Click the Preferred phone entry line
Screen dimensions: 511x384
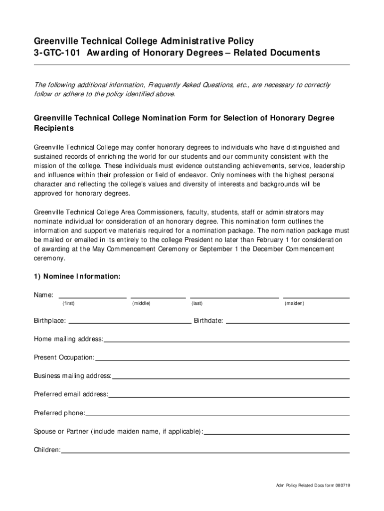[217, 414]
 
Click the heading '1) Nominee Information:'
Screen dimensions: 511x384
[77, 276]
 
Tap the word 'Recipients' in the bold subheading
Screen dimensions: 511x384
[54, 129]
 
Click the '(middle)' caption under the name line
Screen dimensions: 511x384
[141, 303]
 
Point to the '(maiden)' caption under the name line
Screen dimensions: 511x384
[294, 303]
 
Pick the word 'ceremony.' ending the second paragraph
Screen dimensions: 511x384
[49, 259]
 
